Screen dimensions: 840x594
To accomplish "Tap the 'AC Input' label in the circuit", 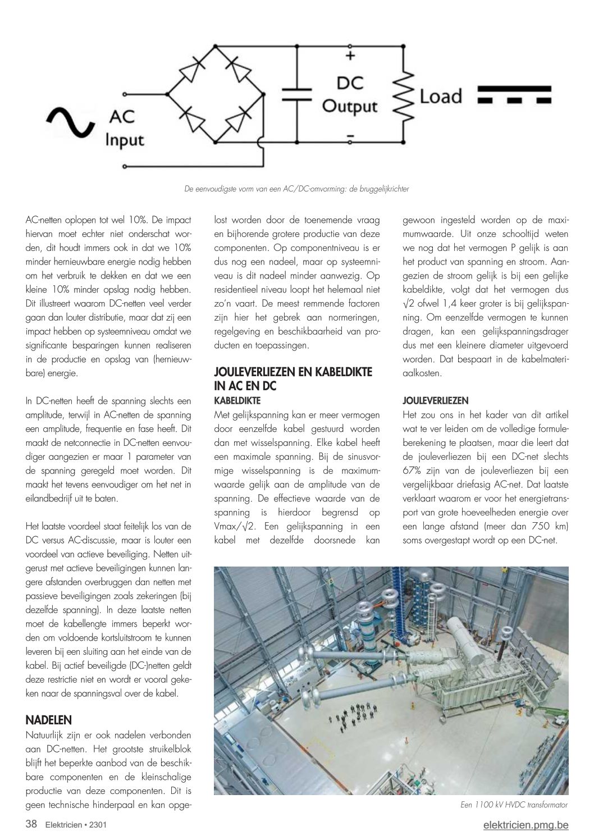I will tap(125, 128).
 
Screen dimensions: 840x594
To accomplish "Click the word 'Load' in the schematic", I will tap(441, 96).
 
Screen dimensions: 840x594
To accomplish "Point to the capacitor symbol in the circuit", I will tap(297, 93).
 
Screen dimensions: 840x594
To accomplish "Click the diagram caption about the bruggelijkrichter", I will tap(296, 189).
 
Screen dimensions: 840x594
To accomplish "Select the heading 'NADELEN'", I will tap(49, 720).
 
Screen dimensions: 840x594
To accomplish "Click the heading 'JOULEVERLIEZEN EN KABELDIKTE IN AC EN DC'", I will tap(293, 379).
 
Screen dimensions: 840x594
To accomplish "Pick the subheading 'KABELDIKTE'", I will tap(237, 400).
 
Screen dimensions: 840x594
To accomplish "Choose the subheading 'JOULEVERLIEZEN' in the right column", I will tap(435, 401).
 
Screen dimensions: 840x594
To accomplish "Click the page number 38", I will tap(31, 825).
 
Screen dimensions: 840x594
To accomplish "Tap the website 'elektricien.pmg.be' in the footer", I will tap(526, 825).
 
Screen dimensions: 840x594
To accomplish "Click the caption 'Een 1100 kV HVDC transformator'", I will tap(514, 805).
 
